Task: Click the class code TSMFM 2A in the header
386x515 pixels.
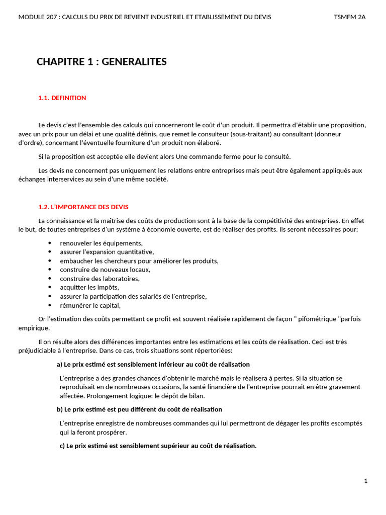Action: tap(350, 17)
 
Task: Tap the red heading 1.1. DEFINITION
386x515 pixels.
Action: tap(62, 98)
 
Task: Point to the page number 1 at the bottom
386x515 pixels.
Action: tap(366, 481)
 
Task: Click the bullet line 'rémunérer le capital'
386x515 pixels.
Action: tap(90, 306)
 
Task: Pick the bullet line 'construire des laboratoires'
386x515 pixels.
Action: tap(100, 279)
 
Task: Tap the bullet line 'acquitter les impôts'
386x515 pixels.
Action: tap(89, 288)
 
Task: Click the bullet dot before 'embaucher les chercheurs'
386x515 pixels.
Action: tap(50, 261)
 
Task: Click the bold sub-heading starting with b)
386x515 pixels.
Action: tap(139, 410)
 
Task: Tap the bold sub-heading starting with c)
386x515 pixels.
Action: tap(158, 446)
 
